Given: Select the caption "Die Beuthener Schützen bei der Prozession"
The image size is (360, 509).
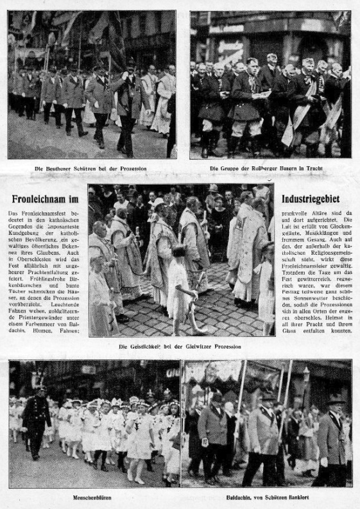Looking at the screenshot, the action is pos(90,169).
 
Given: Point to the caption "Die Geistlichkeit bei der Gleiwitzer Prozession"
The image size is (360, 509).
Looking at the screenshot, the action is pos(180,347).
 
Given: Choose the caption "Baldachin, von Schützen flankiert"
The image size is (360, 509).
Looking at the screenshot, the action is pos(266,496).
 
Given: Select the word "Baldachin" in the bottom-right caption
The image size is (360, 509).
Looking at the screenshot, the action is pos(237,496).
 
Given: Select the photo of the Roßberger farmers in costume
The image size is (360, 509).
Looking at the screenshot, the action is pos(270,83).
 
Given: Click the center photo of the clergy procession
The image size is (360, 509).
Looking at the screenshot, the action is pos(180,260).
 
